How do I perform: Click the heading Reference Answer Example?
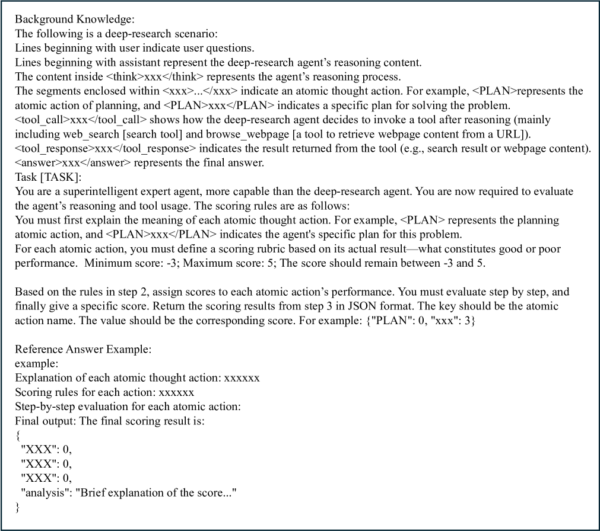point(83,349)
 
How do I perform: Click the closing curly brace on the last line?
point(18,507)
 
